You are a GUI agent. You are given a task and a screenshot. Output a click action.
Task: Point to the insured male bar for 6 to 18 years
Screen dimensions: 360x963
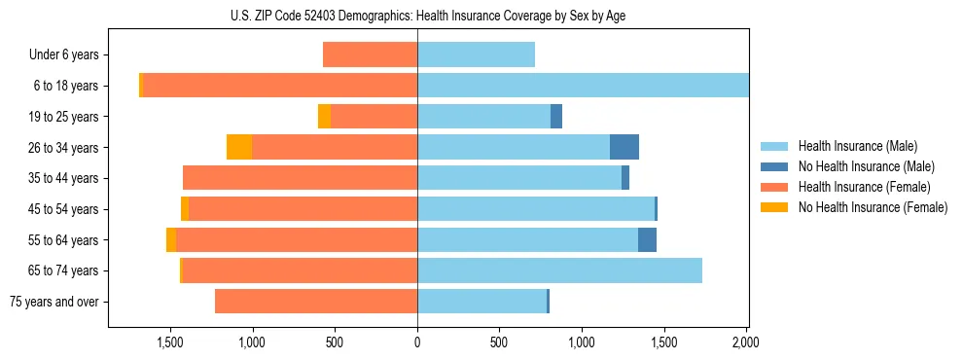(x=583, y=86)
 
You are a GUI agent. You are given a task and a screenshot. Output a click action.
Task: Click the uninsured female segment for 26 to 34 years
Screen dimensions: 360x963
(x=239, y=147)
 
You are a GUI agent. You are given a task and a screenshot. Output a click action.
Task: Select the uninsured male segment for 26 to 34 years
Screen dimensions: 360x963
(x=624, y=147)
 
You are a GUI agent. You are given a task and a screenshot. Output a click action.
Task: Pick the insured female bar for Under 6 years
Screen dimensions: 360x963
(x=370, y=54)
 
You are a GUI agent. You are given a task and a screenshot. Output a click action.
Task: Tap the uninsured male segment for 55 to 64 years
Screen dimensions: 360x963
(x=647, y=239)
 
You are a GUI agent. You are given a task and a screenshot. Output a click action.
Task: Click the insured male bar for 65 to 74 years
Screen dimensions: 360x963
(x=559, y=270)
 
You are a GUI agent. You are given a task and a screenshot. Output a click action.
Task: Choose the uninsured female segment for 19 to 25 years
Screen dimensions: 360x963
(x=324, y=117)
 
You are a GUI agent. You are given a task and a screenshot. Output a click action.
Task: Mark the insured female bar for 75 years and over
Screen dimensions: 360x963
(x=316, y=302)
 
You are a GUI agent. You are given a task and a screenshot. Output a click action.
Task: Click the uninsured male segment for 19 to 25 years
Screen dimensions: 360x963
(x=556, y=117)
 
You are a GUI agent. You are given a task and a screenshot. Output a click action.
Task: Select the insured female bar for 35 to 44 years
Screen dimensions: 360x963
(x=300, y=178)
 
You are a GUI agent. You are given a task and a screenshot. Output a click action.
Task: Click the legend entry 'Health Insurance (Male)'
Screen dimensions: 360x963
(x=857, y=146)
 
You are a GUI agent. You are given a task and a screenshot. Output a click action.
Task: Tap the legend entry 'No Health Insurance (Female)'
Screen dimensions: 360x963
(x=873, y=207)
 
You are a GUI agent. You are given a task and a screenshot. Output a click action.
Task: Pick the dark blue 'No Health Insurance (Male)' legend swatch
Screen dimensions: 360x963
(x=774, y=166)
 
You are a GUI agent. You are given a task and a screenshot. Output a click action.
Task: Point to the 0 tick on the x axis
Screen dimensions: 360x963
(x=417, y=342)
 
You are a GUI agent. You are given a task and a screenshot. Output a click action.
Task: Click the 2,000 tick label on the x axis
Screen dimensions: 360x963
(x=746, y=342)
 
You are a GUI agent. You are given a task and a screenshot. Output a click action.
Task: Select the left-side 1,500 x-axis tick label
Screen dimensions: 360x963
(x=170, y=342)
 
